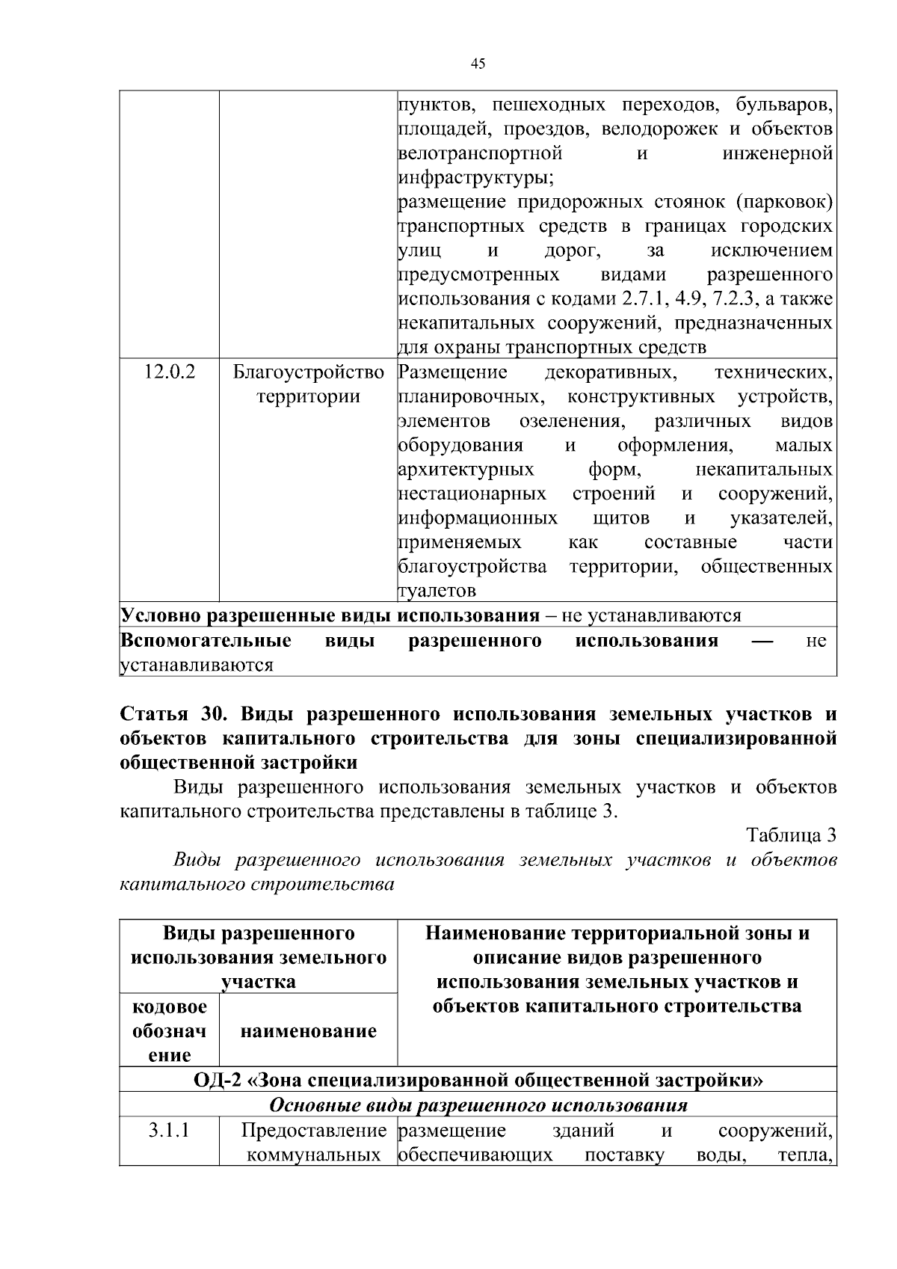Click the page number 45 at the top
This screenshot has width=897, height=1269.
point(478,64)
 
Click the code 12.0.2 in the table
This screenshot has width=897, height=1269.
point(170,372)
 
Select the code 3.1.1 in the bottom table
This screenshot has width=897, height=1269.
point(169,1130)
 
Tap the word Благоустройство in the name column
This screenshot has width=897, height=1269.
point(309,372)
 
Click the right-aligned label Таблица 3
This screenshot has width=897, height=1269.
point(792,835)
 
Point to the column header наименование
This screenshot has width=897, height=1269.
point(308,1031)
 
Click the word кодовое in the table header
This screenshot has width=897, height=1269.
point(170,1007)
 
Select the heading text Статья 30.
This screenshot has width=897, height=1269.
point(173,714)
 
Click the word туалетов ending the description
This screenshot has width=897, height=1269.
point(437,591)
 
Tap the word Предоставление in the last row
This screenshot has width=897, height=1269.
point(313,1130)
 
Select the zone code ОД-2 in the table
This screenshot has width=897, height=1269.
point(217,1081)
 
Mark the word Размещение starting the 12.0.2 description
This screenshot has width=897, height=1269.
point(453,372)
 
